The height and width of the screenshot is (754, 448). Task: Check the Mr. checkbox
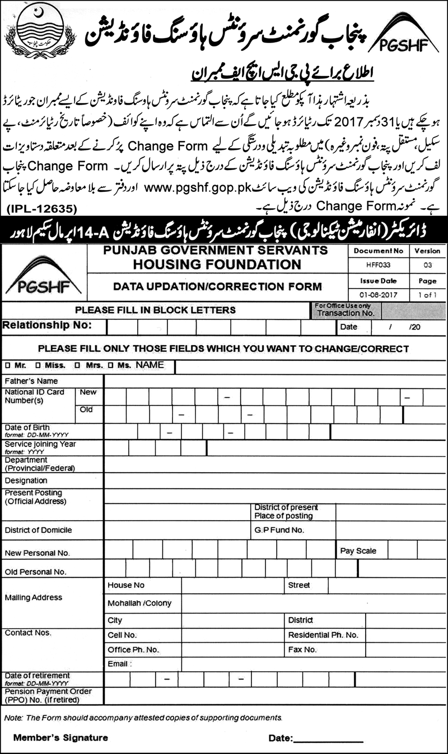coord(8,365)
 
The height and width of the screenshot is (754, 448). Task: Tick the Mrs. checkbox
coord(79,365)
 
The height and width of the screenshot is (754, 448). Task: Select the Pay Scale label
coord(358,551)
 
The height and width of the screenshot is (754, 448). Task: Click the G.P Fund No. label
coord(279,529)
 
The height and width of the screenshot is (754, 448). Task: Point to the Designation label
coord(26,480)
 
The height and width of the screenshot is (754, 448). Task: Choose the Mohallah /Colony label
coord(139,603)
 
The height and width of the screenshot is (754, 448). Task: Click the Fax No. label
coord(302,650)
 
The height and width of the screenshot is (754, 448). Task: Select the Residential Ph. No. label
coord(323,635)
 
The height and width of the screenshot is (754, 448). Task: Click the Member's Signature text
coord(61,738)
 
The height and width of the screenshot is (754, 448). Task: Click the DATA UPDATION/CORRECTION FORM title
coord(217,286)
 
